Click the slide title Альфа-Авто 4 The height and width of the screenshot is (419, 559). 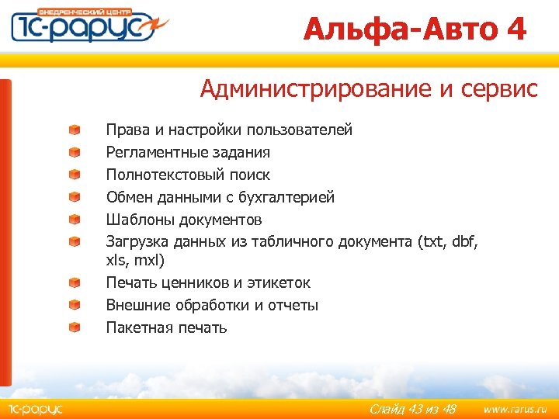tap(415, 29)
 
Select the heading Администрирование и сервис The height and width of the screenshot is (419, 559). tap(368, 89)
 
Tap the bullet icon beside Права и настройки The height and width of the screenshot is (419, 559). tap(73, 130)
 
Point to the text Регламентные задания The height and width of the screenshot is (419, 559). tap(188, 152)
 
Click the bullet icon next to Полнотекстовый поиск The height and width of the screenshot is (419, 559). tap(73, 175)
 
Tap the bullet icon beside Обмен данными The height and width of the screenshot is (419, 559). tap(73, 197)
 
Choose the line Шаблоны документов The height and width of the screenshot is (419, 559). tap(184, 220)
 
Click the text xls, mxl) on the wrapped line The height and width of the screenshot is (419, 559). tap(135, 261)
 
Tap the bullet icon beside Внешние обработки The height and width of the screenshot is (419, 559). tap(73, 305)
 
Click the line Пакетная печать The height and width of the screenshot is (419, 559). tap(166, 327)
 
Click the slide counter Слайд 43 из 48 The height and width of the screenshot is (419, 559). tap(412, 409)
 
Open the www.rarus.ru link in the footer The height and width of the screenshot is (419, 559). tap(515, 409)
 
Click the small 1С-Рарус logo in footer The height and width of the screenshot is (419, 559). tap(36, 409)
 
